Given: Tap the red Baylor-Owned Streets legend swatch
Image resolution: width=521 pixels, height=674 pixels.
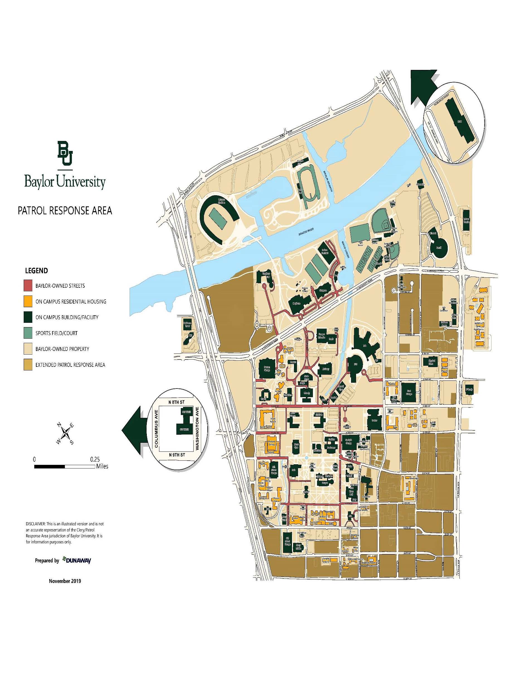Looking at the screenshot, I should click(28, 285).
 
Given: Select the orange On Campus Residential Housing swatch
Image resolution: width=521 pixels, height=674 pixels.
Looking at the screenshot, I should click(28, 301).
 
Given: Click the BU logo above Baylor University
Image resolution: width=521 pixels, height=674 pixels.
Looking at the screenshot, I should click(65, 153).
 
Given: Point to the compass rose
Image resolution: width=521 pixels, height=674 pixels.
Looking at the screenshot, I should click(66, 434).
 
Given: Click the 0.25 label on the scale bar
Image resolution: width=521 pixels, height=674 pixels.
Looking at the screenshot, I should click(95, 459).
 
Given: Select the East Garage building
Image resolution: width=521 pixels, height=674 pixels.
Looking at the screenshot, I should click(409, 392).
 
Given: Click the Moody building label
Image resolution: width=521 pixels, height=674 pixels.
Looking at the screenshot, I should click(307, 394).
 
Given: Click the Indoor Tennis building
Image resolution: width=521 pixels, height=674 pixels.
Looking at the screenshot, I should click(466, 220).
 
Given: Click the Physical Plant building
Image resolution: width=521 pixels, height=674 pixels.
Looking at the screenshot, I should click(432, 362).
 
